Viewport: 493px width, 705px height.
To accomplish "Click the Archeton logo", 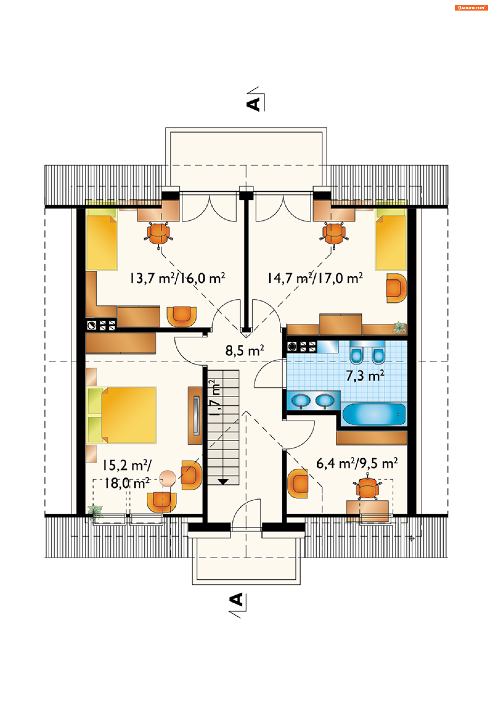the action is point(471,8).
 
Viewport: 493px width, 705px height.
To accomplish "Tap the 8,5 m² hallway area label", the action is point(244,350).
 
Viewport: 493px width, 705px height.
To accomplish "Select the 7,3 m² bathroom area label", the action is point(365,375).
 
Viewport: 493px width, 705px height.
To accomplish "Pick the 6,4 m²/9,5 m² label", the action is point(357,463).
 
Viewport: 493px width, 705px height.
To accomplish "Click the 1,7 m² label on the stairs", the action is point(214,398).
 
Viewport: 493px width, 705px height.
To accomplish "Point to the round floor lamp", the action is point(167,478).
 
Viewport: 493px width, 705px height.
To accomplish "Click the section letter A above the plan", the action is point(253,105).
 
